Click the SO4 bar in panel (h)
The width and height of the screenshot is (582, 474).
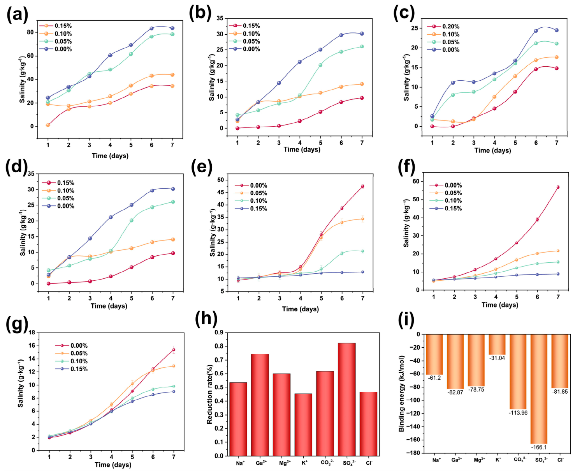(346, 399)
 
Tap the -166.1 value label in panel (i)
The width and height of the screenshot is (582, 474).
(538, 447)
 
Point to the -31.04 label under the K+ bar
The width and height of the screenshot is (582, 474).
(497, 358)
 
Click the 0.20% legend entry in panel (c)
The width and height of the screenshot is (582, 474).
(443, 27)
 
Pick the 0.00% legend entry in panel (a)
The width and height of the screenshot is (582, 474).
(55, 49)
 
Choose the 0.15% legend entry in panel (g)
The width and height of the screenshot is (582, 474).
(71, 369)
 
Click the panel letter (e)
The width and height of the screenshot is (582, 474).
(201, 166)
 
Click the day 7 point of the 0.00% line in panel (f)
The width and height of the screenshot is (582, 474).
(558, 187)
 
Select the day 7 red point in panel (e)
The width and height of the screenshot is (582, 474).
(362, 186)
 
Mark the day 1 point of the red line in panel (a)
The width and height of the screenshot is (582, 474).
(48, 125)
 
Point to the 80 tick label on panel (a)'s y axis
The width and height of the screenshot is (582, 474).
(30, 32)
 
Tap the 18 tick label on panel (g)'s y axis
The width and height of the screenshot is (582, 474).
(32, 333)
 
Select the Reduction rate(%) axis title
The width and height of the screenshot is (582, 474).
(209, 394)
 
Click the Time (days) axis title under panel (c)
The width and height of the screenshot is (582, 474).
(492, 150)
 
